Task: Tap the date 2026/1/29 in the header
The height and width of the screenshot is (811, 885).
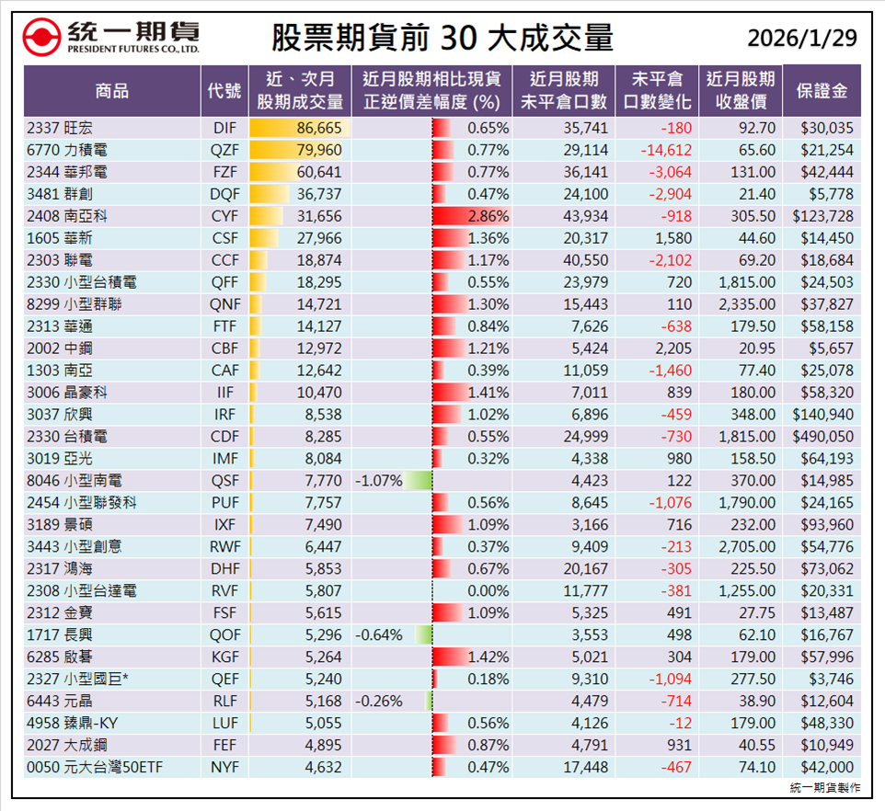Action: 801,38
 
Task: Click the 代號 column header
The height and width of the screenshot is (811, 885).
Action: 224,91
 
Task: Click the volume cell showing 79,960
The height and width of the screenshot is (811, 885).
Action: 319,150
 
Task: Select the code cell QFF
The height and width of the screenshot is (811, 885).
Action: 224,282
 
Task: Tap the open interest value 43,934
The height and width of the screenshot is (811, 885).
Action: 584,216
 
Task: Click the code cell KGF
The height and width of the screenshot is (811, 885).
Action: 224,657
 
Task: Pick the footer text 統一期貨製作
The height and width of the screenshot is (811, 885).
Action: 825,788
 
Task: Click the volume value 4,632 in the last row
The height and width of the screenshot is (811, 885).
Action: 323,768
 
